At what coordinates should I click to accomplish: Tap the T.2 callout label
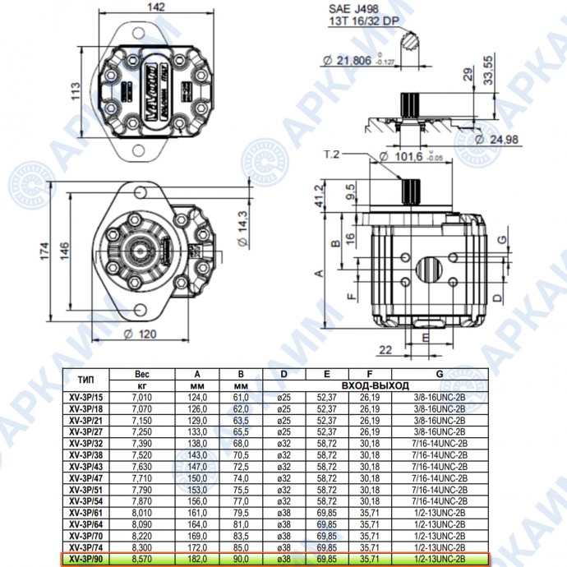click(x=333, y=153)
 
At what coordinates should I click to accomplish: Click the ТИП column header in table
click(x=85, y=380)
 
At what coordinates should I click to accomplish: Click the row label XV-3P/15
click(x=85, y=398)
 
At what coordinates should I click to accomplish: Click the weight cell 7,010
click(x=141, y=398)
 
